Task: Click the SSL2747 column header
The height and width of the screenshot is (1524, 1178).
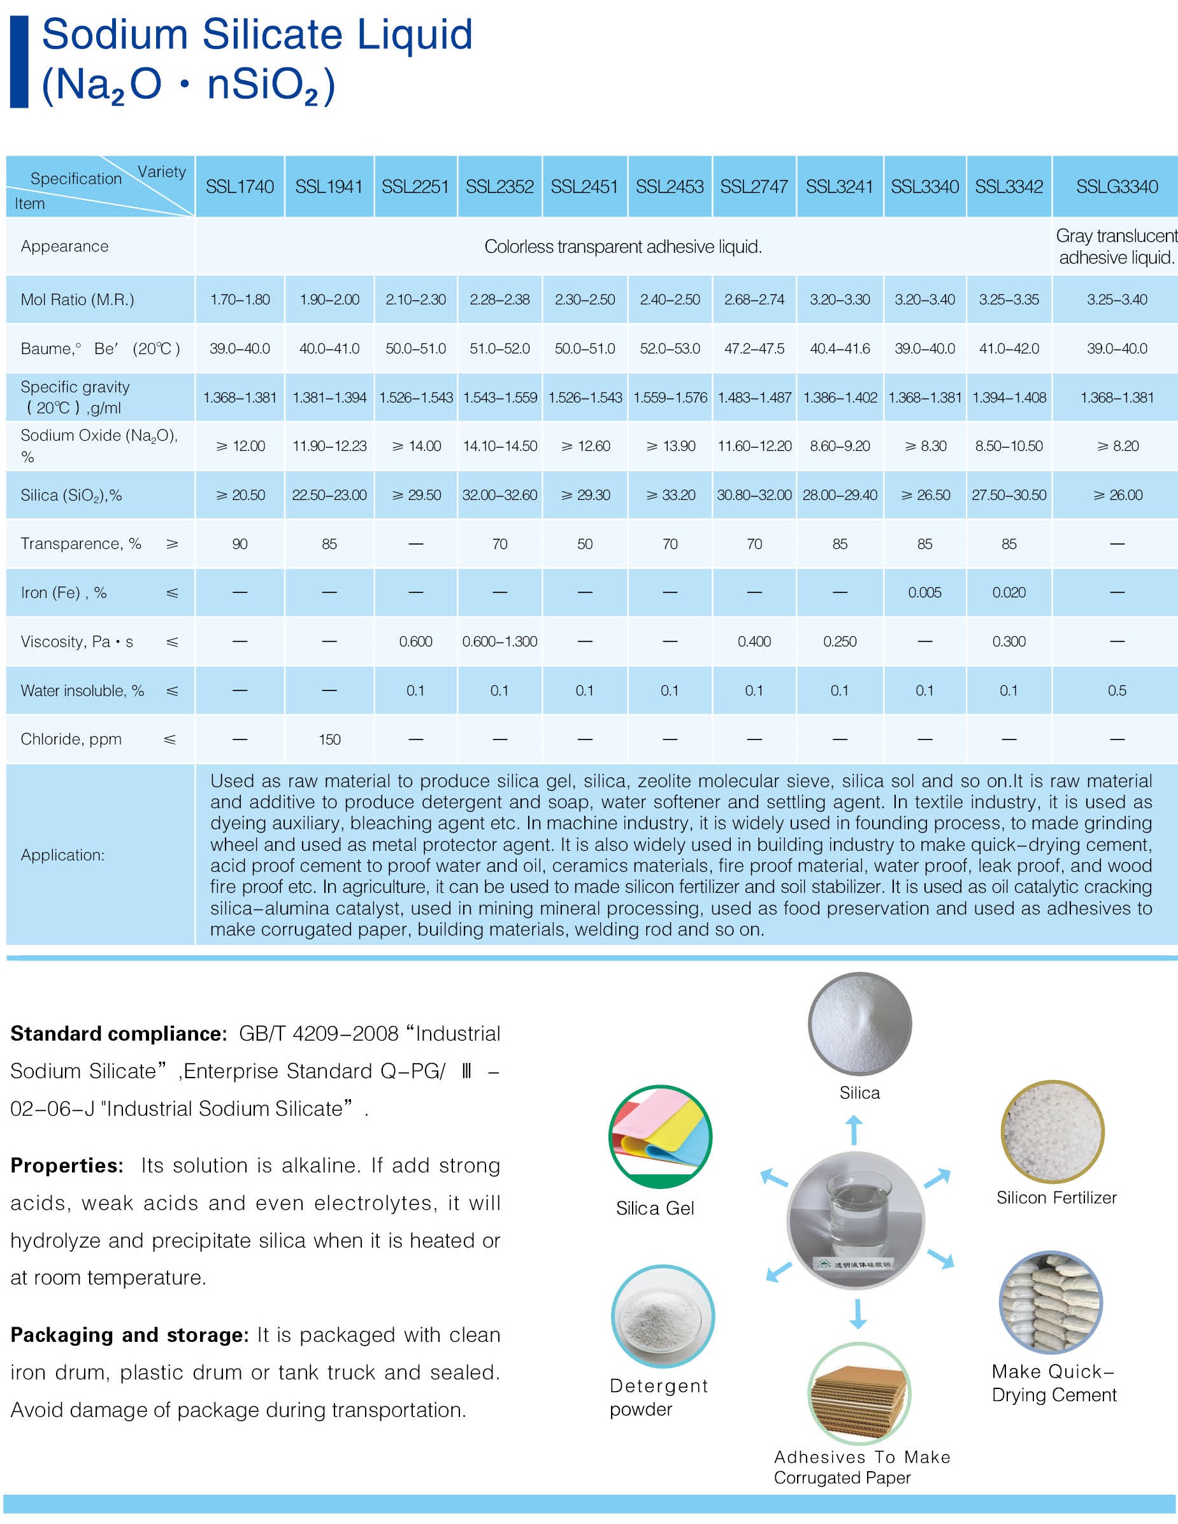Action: pos(754,187)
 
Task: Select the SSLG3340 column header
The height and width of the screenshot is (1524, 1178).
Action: pos(1117,187)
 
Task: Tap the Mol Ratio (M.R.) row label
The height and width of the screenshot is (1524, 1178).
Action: pos(78,299)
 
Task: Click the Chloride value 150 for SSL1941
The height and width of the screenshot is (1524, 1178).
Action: pos(329,739)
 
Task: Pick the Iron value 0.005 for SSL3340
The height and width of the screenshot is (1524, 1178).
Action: pos(924,592)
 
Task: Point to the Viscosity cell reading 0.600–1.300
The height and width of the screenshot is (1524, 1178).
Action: pos(499,641)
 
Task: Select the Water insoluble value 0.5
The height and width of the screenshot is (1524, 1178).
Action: pos(1117,690)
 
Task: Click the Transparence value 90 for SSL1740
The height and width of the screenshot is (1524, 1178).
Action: pos(240,544)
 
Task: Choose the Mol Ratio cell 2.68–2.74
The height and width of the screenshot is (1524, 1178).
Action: pos(754,299)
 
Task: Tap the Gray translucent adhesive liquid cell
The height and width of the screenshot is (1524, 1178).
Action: pos(1116,246)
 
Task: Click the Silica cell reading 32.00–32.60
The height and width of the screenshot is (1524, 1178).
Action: pos(499,495)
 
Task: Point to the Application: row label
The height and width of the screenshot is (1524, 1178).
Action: pos(63,855)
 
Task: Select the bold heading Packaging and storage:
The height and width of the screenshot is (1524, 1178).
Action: pos(129,1335)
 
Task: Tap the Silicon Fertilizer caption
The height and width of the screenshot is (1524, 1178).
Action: pos(1056,1197)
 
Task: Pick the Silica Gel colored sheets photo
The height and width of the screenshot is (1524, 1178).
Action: pos(660,1136)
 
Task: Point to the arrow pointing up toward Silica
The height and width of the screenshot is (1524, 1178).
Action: pos(854,1130)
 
